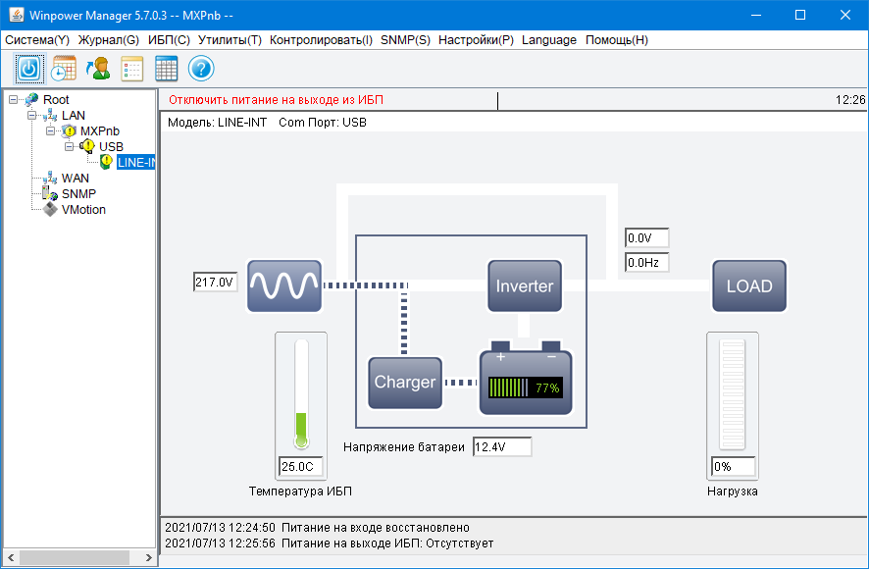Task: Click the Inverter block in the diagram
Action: (525, 285)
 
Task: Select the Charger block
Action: (405, 383)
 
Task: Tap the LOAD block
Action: (749, 285)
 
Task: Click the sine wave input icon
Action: (284, 285)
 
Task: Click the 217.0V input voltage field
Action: (215, 283)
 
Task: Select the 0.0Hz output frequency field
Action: (646, 262)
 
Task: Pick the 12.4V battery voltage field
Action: (502, 447)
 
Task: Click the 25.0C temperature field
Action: (301, 466)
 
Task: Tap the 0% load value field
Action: (734, 466)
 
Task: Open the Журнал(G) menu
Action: (109, 40)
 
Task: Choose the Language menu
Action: (549, 40)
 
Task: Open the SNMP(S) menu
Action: (405, 40)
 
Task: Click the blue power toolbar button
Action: (28, 69)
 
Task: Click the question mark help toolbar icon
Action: (201, 69)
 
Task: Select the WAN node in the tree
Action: (76, 178)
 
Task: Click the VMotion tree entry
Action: (83, 210)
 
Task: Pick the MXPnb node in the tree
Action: (100, 131)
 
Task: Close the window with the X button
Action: (845, 15)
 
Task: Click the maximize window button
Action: (800, 15)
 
